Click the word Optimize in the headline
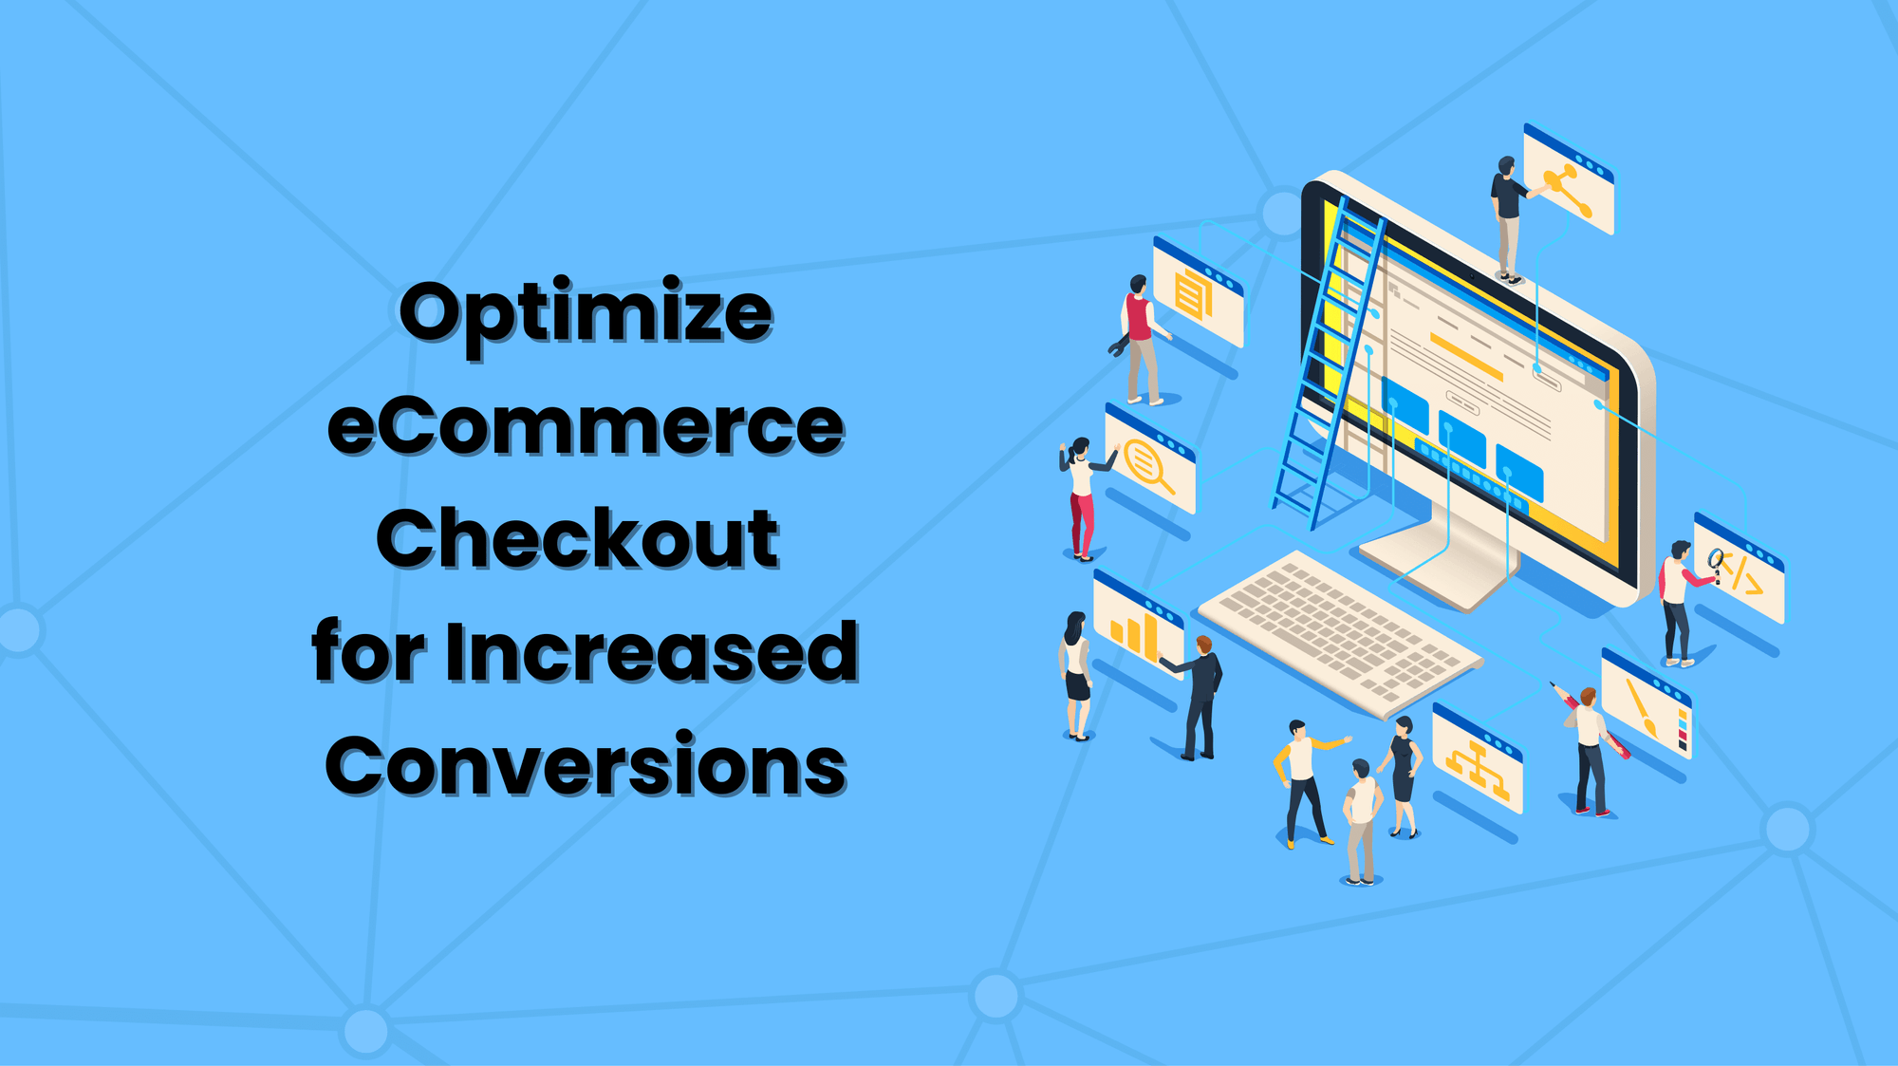point(586,314)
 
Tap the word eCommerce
point(586,426)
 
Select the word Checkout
point(577,538)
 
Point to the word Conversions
point(586,766)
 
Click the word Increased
point(651,652)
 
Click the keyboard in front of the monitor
point(1339,630)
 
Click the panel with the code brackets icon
point(1740,570)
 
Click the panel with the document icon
point(1198,293)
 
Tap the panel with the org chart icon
point(1477,760)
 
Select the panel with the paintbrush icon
point(1647,703)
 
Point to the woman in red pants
point(1081,499)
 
